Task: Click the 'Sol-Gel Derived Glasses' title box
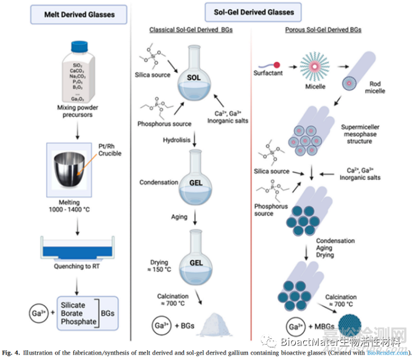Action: pos(253,12)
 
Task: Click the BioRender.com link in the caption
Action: pos(395,351)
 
